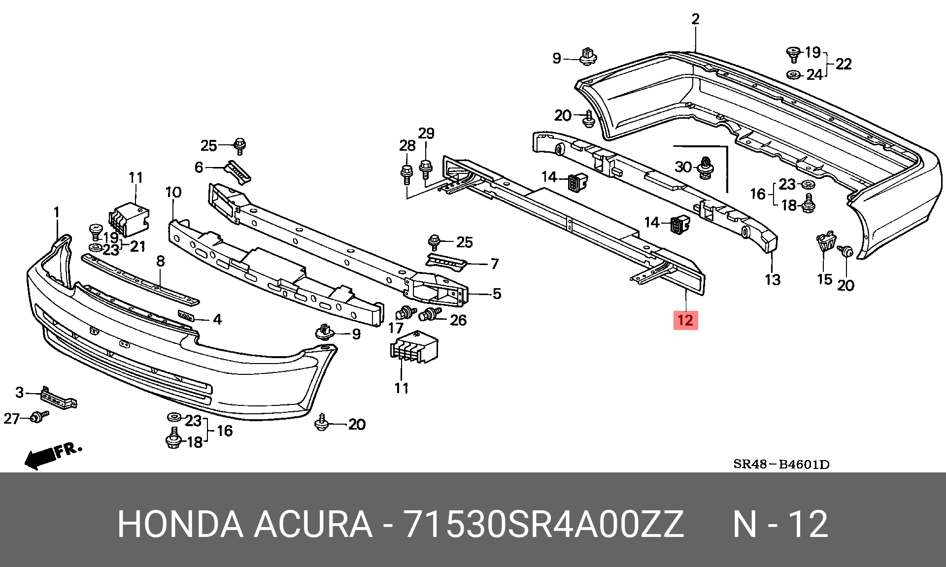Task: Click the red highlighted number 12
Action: click(x=685, y=320)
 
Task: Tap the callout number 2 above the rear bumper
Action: click(x=695, y=19)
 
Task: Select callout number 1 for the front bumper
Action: click(x=57, y=212)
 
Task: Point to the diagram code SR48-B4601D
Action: click(x=781, y=464)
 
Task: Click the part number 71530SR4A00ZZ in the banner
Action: click(x=543, y=524)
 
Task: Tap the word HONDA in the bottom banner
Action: click(x=180, y=524)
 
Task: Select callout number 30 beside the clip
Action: click(x=683, y=167)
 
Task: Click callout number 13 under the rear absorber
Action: click(x=773, y=280)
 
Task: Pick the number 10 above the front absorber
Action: click(x=173, y=192)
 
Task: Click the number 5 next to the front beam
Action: click(x=497, y=294)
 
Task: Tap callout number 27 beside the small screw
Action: click(x=11, y=419)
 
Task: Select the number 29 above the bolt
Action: click(x=426, y=133)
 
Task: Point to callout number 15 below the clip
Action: click(x=824, y=279)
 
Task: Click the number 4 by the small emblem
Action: click(x=217, y=319)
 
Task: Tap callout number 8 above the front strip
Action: click(x=161, y=261)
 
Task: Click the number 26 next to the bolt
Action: click(x=458, y=320)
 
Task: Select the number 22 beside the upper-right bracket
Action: click(x=844, y=64)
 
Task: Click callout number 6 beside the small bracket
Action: click(x=199, y=167)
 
